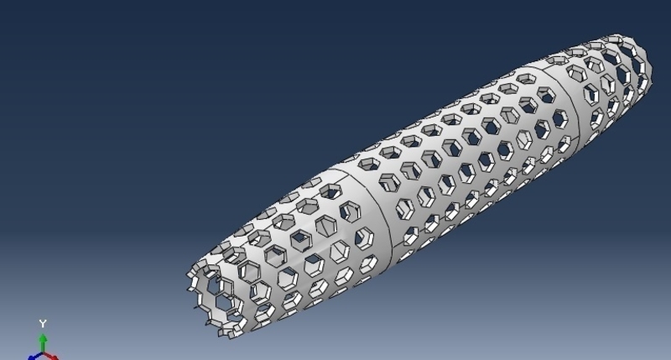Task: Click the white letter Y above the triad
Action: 43,324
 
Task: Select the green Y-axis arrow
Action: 43,341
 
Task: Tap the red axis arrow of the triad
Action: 53,357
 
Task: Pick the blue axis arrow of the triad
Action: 33,357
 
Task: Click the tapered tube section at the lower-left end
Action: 285,252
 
